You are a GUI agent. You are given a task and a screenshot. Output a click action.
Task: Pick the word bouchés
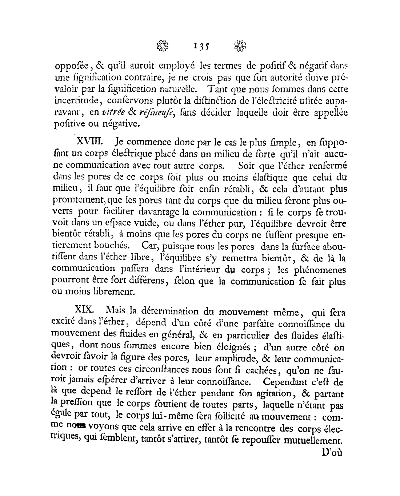109,247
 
